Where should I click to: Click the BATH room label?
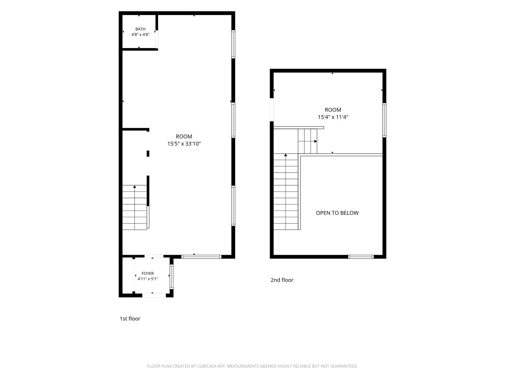coord(140,29)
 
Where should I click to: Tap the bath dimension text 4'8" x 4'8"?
coord(140,34)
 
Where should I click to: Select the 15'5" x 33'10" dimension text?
coord(184,144)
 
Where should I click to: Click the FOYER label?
coord(148,273)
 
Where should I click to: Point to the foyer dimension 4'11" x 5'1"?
coord(148,279)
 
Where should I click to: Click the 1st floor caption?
coord(130,319)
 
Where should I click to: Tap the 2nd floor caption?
coord(282,280)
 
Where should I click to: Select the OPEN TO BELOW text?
coord(337,213)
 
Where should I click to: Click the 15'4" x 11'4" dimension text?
coord(333,117)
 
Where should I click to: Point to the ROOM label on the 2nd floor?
coord(333,110)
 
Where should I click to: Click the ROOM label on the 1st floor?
coord(184,136)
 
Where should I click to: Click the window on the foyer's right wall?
coord(171,277)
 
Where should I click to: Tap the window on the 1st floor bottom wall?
coord(201,257)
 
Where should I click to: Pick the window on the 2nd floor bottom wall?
coord(361,257)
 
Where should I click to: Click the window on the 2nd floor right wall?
coord(384,120)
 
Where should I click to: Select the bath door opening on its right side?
coord(157,39)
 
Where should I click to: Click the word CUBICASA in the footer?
coord(207,366)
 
